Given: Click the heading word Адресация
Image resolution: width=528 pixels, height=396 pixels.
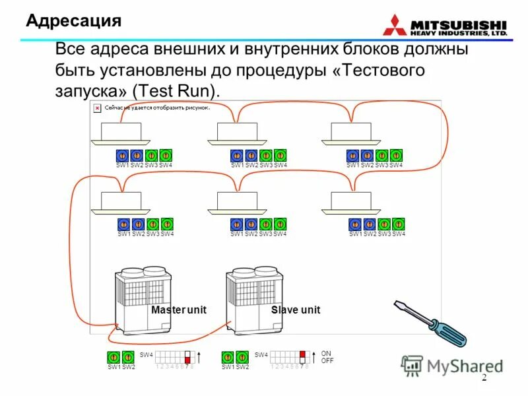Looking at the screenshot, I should (x=73, y=21).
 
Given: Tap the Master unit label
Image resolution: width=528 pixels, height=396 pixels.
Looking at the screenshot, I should (x=178, y=310).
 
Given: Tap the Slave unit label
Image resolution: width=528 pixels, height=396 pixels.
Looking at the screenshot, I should (x=295, y=310).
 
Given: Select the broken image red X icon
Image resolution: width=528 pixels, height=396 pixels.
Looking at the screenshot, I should (x=97, y=107).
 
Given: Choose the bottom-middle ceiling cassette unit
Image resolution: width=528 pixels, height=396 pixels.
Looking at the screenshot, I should (x=236, y=203).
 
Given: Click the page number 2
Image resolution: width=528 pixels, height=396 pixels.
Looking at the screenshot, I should (x=483, y=378).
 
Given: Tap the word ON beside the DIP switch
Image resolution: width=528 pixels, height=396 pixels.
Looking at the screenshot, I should (x=326, y=354).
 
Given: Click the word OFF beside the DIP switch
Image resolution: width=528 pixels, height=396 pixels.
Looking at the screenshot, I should (x=327, y=361).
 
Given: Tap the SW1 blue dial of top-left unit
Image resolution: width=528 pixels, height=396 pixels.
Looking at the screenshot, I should (x=121, y=155).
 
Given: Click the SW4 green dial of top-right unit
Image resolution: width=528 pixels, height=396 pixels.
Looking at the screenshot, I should (x=396, y=155).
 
